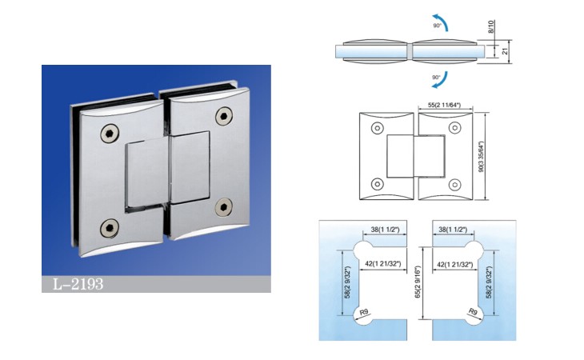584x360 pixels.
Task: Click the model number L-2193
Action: pos(78,284)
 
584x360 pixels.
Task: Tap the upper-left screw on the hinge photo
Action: pos(110,134)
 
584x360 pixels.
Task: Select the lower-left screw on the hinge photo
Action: pos(110,228)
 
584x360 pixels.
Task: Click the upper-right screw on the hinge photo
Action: pos(224,116)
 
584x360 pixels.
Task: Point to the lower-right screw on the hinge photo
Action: pos(224,207)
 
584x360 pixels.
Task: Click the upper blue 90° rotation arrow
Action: pos(442,22)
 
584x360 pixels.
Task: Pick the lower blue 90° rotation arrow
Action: pos(442,81)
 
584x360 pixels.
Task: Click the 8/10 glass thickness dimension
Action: pos(491,27)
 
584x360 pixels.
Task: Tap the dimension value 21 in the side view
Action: pos(505,50)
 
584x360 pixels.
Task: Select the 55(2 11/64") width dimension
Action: pos(444,105)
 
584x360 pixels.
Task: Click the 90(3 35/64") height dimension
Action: pos(481,156)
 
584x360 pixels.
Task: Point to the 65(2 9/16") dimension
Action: pos(418,282)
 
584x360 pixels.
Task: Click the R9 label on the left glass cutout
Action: pos(363,312)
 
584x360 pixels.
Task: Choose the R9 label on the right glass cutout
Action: pos(473,312)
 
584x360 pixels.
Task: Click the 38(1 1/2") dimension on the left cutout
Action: pos(385,230)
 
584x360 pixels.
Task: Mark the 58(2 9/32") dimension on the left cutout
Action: pos(347,282)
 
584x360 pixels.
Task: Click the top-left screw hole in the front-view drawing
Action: pos(378,129)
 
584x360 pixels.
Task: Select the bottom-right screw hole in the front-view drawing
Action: pos(454,184)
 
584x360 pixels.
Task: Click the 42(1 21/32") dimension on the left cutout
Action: pos(383,264)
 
